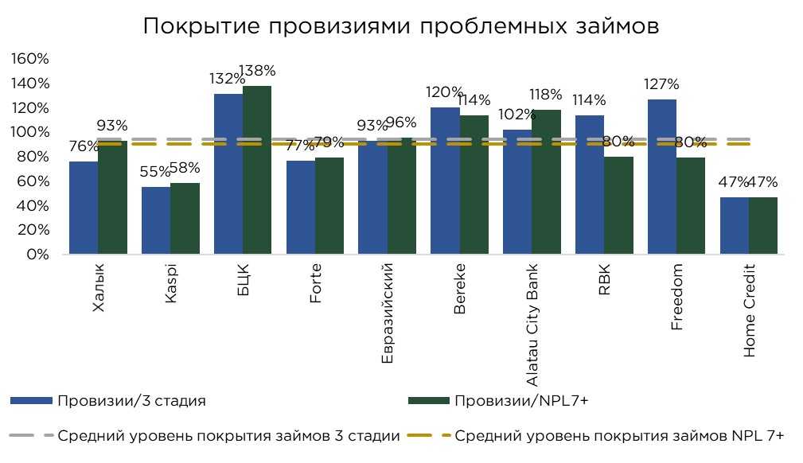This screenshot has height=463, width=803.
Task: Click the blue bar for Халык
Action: [84, 208]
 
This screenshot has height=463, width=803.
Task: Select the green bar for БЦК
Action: [257, 170]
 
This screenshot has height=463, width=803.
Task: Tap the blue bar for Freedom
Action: [661, 177]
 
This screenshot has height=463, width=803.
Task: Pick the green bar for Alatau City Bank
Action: [546, 182]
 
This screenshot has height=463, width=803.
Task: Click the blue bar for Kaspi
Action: [156, 220]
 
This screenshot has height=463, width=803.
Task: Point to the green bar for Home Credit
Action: [762, 226]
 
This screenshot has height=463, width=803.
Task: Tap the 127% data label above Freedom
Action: [661, 84]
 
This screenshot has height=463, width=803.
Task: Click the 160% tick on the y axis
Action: [30, 60]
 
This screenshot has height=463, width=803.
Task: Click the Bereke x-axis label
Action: [460, 290]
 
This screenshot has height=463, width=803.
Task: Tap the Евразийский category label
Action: [388, 314]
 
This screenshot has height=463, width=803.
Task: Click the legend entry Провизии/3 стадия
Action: [131, 401]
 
